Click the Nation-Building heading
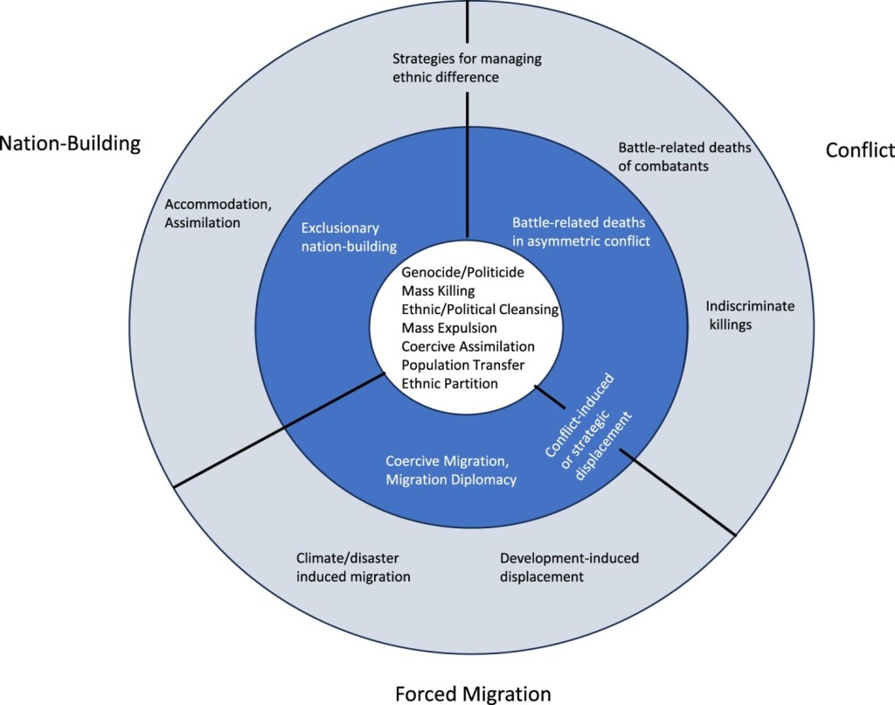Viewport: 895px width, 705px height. click(x=70, y=143)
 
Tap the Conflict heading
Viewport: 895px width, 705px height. click(x=860, y=150)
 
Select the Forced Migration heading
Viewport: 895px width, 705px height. click(x=473, y=694)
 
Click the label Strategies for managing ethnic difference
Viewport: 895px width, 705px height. click(x=466, y=68)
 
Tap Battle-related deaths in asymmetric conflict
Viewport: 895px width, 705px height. click(x=581, y=231)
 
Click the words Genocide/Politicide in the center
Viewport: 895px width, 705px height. click(x=463, y=273)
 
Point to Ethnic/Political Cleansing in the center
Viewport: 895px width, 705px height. click(x=480, y=310)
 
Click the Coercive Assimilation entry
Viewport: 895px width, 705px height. click(x=468, y=346)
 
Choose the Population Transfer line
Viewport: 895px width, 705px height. click(x=463, y=365)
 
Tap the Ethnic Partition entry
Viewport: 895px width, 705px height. click(x=449, y=383)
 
